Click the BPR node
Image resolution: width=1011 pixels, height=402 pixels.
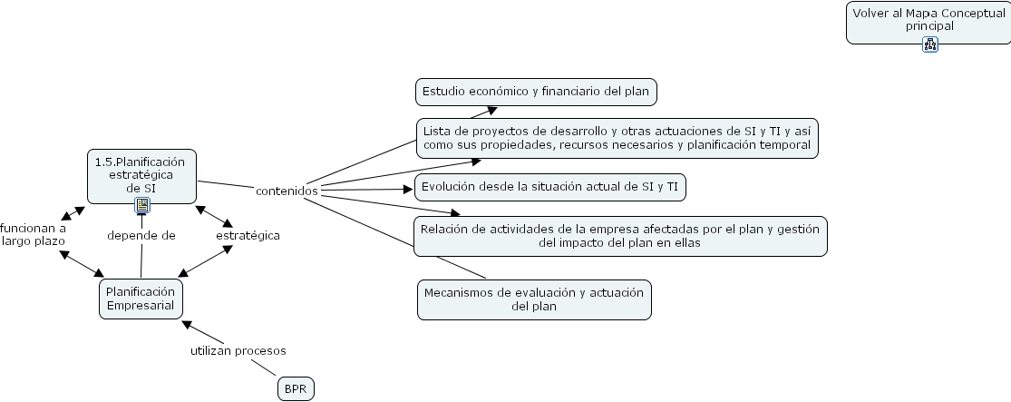point(296,389)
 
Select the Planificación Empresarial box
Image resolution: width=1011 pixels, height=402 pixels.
point(141,299)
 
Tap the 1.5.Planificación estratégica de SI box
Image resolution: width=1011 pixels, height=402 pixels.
point(142,174)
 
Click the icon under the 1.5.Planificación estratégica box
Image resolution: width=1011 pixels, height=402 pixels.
point(142,205)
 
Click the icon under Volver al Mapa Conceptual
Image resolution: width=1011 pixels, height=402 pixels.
point(929,44)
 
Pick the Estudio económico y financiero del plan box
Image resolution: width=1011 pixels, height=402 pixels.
point(537,92)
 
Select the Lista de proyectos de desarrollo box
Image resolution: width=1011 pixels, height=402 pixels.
point(617,138)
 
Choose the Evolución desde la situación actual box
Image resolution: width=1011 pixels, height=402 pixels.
point(550,188)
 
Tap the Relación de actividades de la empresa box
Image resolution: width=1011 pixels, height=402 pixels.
point(620,236)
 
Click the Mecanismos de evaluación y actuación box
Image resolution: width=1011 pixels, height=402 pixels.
point(534,299)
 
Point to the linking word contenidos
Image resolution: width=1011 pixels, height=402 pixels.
point(287,191)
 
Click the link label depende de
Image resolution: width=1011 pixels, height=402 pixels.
point(141,235)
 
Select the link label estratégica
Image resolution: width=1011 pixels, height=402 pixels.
point(248,235)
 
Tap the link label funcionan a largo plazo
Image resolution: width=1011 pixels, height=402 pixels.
point(33,234)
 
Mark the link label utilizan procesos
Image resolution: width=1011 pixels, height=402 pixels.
point(238,350)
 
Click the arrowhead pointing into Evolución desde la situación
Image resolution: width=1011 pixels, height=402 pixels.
point(407,189)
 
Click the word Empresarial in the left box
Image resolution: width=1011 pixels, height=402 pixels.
point(141,305)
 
